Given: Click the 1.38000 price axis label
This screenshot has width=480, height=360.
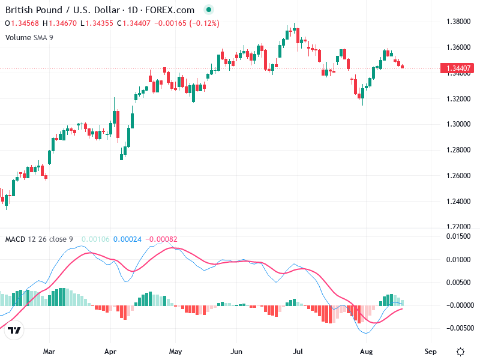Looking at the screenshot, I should pyautogui.click(x=457, y=22).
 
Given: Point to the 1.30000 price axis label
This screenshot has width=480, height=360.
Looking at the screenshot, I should pyautogui.click(x=457, y=124).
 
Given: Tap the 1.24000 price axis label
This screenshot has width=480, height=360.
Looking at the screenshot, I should pyautogui.click(x=457, y=201).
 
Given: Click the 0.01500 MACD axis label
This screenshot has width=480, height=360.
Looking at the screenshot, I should pyautogui.click(x=457, y=236).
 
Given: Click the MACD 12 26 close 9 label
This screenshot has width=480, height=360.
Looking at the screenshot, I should pyautogui.click(x=39, y=239).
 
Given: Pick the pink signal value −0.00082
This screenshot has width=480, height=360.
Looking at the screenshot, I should pyautogui.click(x=160, y=239).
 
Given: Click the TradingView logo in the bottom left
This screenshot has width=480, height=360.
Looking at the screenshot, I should pyautogui.click(x=14, y=331).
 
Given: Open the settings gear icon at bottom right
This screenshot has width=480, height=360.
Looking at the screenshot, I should pyautogui.click(x=460, y=352).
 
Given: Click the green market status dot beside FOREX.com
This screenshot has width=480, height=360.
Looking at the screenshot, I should pyautogui.click(x=208, y=10).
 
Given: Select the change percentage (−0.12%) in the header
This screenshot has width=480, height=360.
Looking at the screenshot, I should pyautogui.click(x=204, y=23).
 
